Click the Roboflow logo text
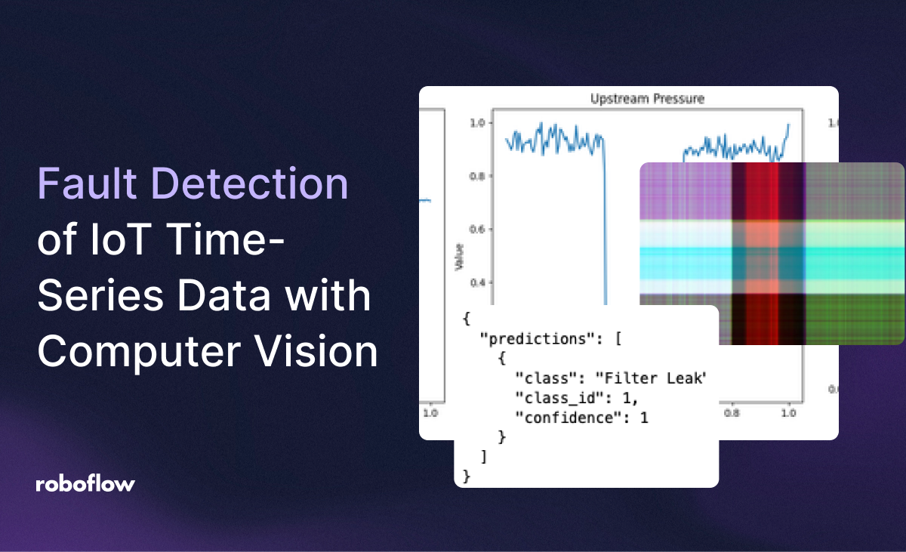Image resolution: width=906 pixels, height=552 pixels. click(85, 484)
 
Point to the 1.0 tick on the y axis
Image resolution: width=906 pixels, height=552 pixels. click(481, 122)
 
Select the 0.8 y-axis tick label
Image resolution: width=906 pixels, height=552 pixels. click(481, 176)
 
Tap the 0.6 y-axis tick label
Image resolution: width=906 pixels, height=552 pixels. click(481, 230)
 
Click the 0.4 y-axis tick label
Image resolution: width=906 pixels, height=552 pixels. click(481, 283)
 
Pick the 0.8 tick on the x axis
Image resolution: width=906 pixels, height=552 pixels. click(731, 414)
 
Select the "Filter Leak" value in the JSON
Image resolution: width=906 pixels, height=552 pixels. click(654, 378)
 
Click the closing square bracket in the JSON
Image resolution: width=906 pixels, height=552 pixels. click(484, 456)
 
